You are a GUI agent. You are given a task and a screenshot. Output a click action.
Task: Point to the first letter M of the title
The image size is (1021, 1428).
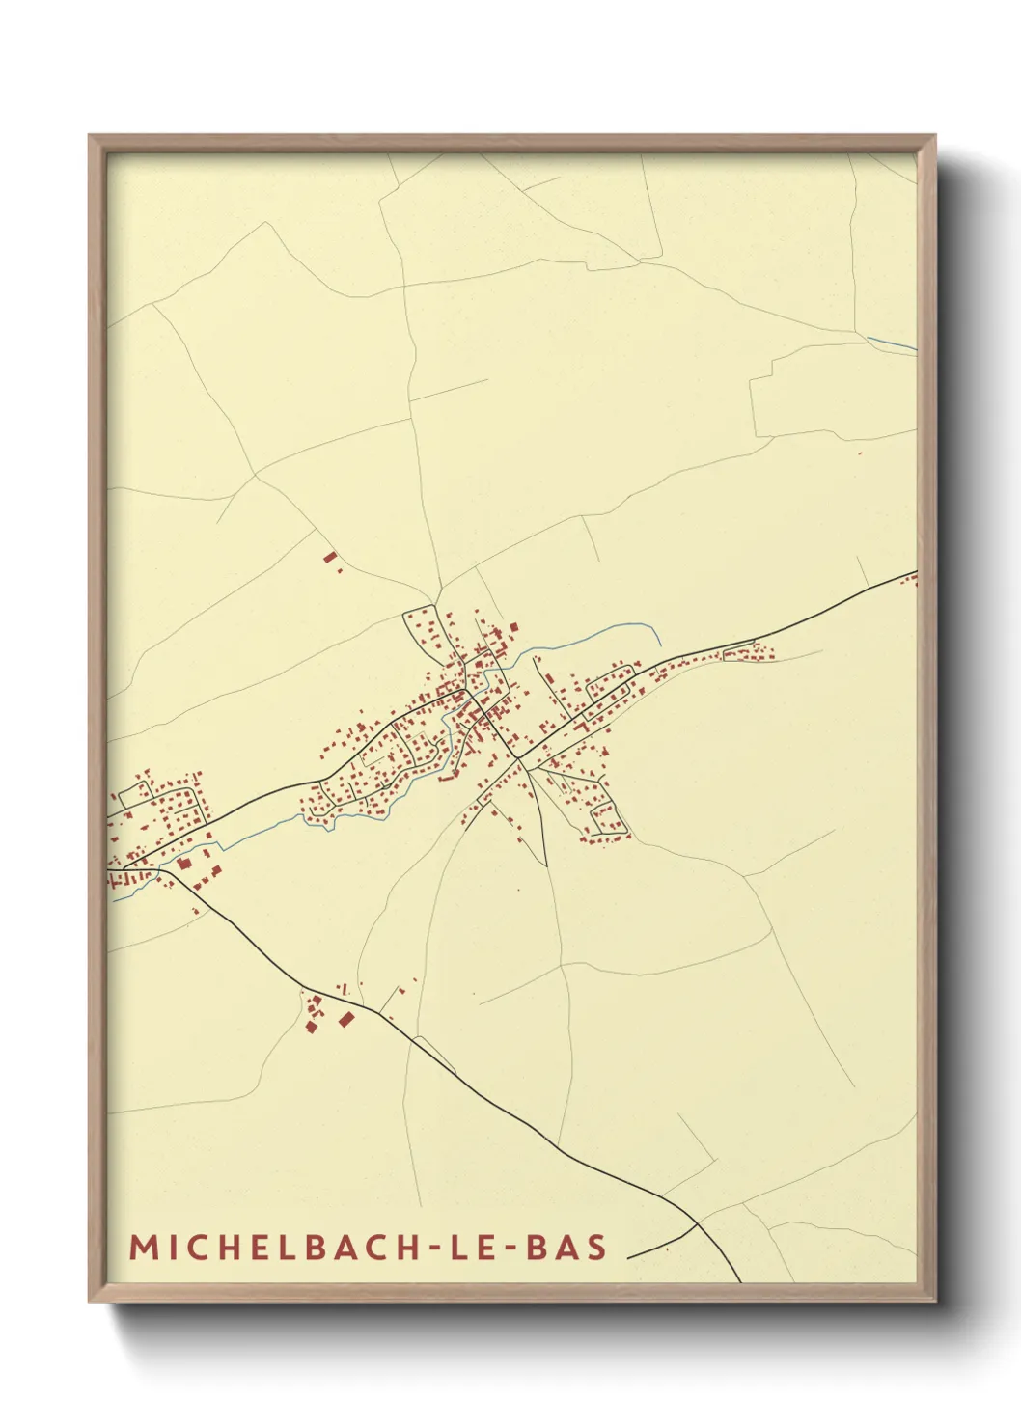coord(142,1247)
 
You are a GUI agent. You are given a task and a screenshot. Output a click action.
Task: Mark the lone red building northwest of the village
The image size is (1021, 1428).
coord(330,558)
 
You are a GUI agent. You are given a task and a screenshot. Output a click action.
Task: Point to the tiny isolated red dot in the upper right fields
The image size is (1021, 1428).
coord(860,453)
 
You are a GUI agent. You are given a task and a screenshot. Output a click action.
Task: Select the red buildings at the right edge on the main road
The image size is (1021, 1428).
coord(912,578)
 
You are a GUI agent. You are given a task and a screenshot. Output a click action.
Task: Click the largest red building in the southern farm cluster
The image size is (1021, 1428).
coord(346,1019)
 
